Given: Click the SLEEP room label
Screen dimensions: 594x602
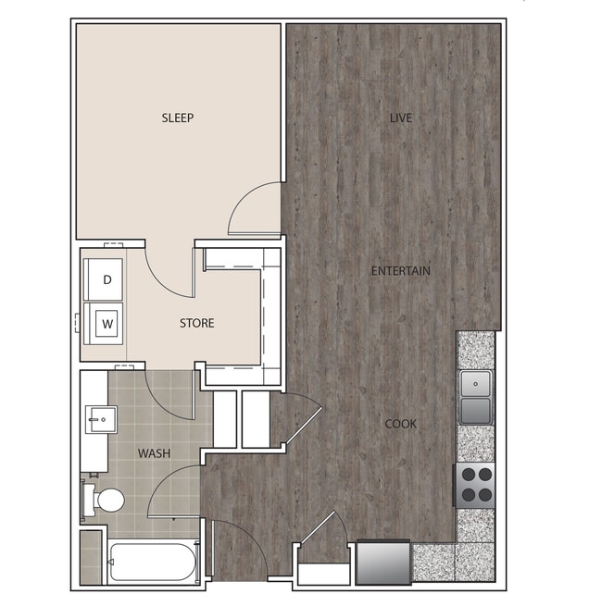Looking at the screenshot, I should coord(178,118).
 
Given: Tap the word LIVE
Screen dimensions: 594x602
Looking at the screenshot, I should coord(400,118).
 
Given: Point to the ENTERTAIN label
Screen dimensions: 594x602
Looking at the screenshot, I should coord(400,271).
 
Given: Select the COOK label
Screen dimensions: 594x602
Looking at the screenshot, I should coord(400,424).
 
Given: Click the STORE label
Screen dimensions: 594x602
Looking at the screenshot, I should coord(196,323).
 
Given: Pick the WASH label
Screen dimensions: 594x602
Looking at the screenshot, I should coord(154,453).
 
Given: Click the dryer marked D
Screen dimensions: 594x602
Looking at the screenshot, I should coord(107,279).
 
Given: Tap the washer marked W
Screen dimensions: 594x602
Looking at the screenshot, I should coord(107,324).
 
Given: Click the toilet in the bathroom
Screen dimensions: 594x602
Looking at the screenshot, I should coord(106,501).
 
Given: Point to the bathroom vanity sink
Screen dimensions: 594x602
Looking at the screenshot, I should coord(101,418).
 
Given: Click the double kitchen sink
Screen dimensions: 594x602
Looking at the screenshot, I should coord(477,396).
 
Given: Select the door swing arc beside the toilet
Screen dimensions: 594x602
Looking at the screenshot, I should coord(171,489).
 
